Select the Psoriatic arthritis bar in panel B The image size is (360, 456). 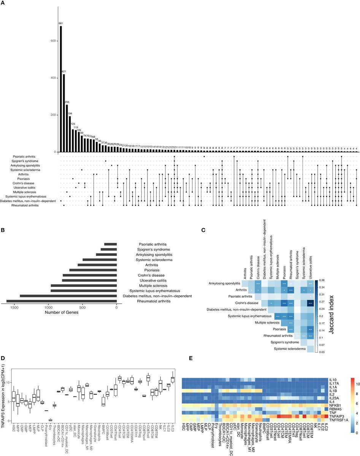click(110, 244)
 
